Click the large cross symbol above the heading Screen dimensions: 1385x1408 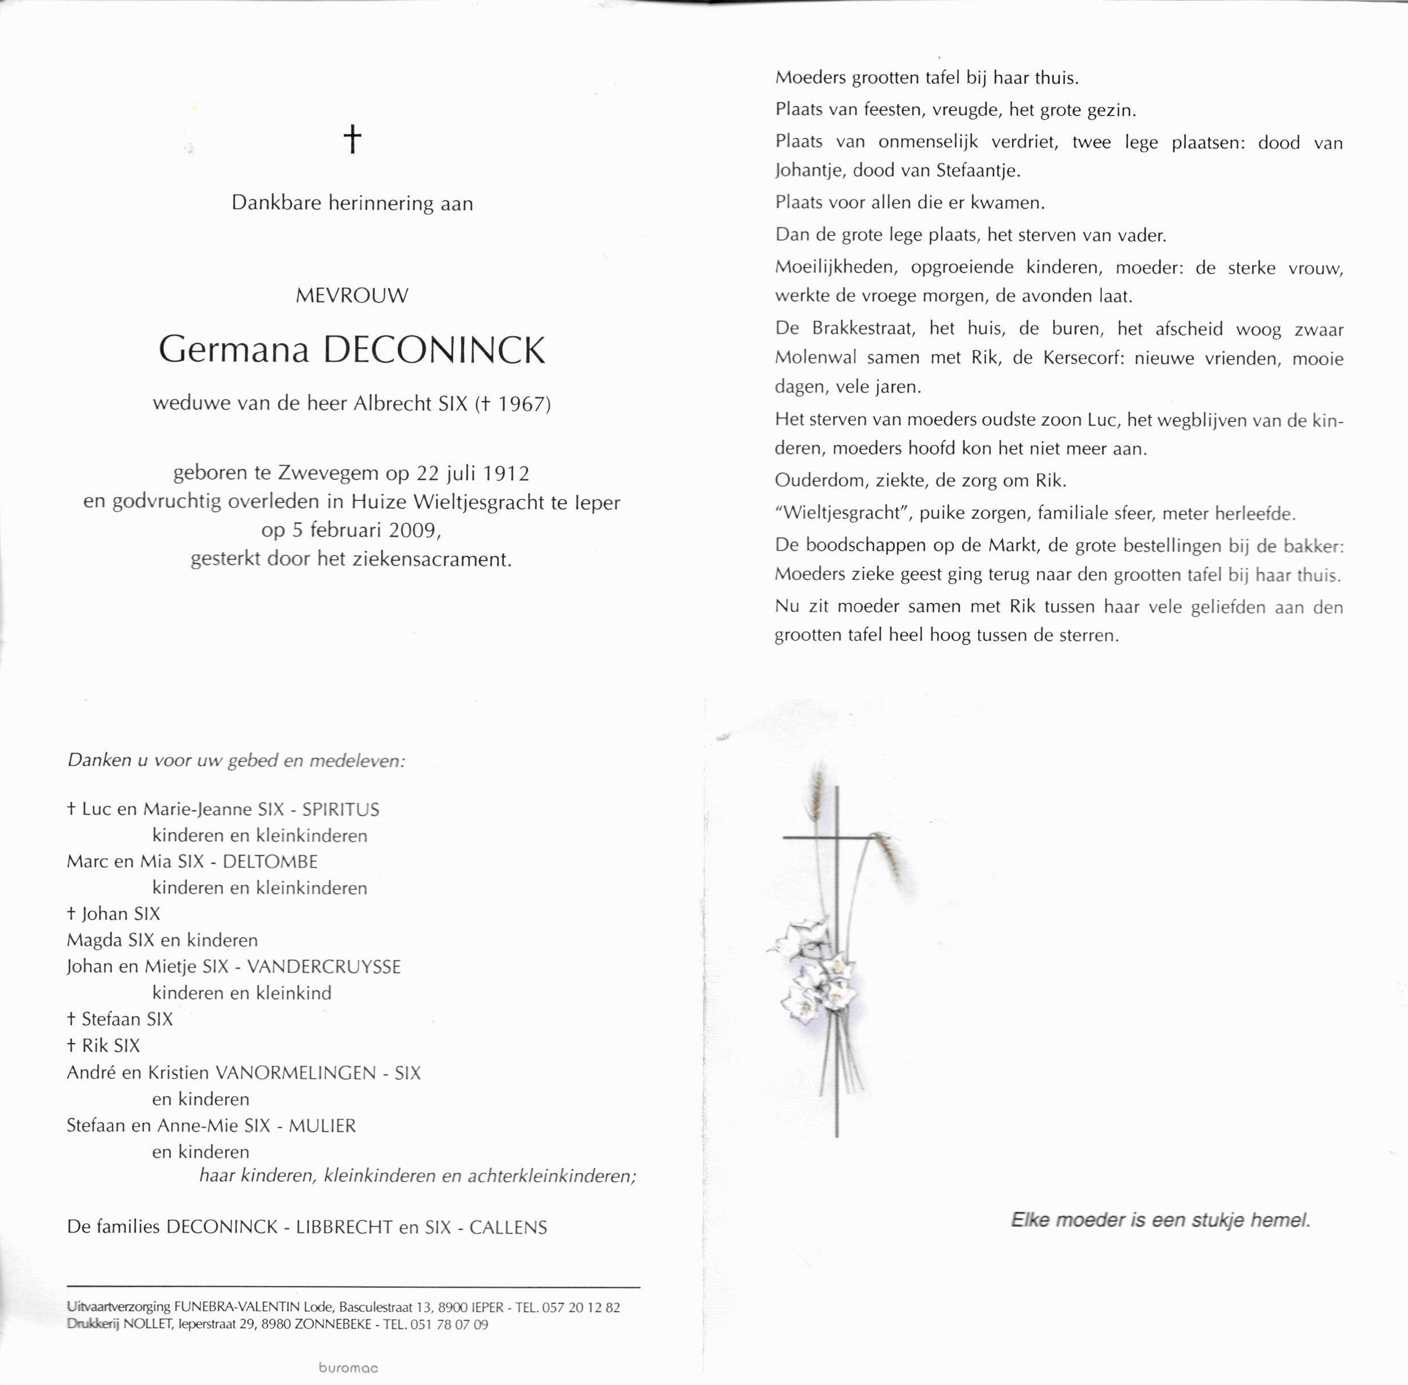pos(352,138)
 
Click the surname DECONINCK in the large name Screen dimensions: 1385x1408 pos(433,351)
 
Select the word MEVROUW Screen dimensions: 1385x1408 pos(352,295)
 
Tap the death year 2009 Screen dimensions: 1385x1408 pos(414,530)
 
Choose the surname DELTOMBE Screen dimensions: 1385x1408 pos(270,861)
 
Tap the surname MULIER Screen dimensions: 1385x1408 pos(322,1125)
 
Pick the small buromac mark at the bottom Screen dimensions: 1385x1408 pos(348,1367)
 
